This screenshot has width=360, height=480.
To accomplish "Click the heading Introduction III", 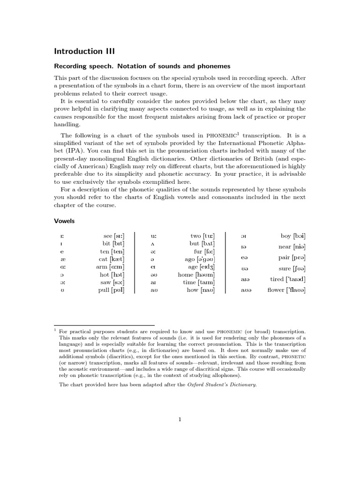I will tap(84, 51).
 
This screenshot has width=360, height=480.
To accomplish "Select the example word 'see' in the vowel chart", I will tap(107, 236).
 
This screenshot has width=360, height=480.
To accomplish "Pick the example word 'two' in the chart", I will tap(195, 236).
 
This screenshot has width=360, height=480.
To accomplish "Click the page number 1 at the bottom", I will tap(180, 420).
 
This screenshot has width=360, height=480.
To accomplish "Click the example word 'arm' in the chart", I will tap(102, 267).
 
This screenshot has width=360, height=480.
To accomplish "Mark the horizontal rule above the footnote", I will tap(104, 325).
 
